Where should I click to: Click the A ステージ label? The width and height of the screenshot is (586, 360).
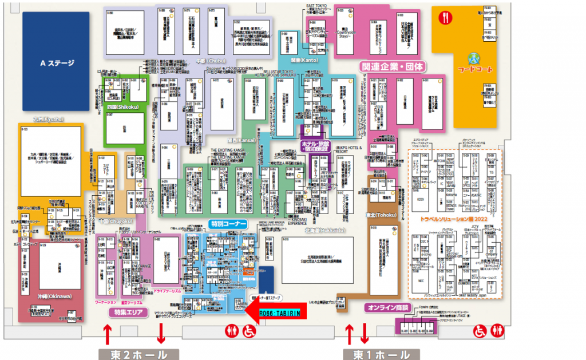coord(56,62)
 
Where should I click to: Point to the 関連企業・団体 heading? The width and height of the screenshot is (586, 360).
coord(392,66)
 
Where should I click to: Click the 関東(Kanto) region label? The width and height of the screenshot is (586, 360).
coord(303,60)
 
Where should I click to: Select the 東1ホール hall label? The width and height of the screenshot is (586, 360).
coord(375,354)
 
